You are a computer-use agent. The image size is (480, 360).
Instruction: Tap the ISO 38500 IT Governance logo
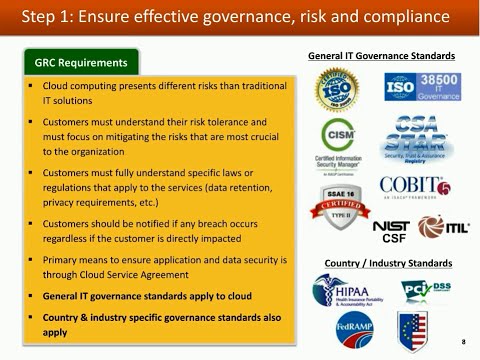point(421,89)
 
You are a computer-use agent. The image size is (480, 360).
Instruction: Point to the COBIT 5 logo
point(415,188)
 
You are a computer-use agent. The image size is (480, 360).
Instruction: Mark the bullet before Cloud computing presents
point(32,88)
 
